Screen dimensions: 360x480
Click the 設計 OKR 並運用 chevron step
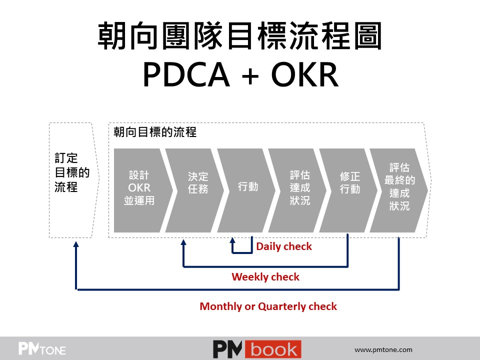pyautogui.click(x=139, y=188)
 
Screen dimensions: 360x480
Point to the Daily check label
pyautogui.click(x=283, y=246)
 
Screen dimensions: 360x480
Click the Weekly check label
pyautogui.click(x=265, y=277)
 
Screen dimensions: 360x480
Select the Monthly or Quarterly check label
pyautogui.click(x=268, y=306)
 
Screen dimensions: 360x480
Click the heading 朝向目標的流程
pyautogui.click(x=155, y=132)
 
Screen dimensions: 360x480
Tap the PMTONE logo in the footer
pyautogui.click(x=42, y=348)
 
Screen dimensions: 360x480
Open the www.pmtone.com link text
pyautogui.click(x=383, y=349)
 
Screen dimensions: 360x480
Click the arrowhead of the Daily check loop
pyautogui.click(x=232, y=240)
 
